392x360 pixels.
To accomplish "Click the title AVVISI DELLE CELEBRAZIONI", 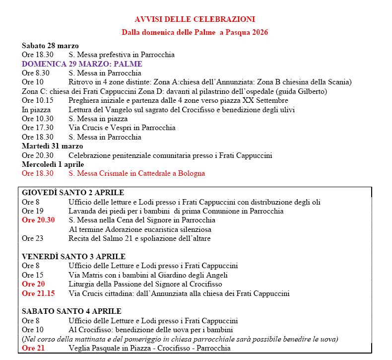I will (x=195, y=19).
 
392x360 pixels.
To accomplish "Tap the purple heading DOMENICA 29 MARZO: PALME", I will (x=82, y=64).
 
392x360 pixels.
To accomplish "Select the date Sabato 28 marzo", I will (x=50, y=46).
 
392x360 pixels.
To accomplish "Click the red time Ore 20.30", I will (x=38, y=220).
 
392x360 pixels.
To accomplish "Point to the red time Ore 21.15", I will (x=38, y=293).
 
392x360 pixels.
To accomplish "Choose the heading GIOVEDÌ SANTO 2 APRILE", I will (x=73, y=193).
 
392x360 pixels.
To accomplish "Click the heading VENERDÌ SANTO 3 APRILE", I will (x=74, y=257).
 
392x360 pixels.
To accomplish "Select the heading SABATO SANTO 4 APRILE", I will (x=71, y=311).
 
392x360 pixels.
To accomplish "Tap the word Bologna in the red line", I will (x=191, y=173).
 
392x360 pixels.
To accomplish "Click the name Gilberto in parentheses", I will (x=312, y=91).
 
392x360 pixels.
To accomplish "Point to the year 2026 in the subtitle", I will (x=259, y=32).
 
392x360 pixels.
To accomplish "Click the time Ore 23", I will (x=32, y=238).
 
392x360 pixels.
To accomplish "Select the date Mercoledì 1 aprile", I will (x=53, y=164).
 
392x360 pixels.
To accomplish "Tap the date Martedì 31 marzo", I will (x=52, y=146).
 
